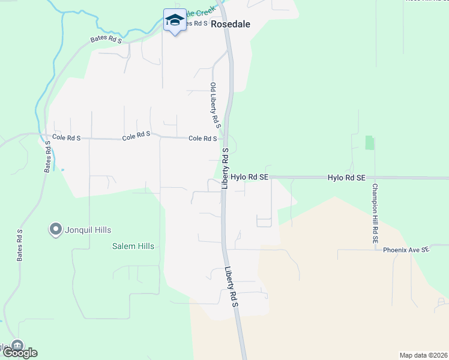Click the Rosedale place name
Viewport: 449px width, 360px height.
coord(231,24)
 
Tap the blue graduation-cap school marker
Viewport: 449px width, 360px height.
coord(175,20)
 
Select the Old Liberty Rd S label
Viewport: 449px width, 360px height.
coord(215,104)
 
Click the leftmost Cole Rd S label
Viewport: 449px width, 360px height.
coord(66,137)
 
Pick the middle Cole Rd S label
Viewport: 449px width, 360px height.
coord(136,137)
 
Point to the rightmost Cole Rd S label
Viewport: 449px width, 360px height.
coord(202,139)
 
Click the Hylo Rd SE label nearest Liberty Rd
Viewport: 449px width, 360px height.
coord(249,178)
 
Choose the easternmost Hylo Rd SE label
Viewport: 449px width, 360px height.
coord(346,178)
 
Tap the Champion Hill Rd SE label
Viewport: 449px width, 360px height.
coord(374,212)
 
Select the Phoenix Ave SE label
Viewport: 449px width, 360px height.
coord(406,249)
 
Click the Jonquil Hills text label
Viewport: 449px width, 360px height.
coord(89,230)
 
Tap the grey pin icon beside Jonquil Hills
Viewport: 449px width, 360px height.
coord(56,229)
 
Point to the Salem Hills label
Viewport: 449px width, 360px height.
coord(133,246)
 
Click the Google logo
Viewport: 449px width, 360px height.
coord(19,353)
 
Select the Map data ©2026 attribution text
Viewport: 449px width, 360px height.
coord(423,355)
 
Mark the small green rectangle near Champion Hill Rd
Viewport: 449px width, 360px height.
coord(369,143)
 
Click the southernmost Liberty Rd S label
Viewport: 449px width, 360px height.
coord(232,288)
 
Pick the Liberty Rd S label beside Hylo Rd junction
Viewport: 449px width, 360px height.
coord(225,169)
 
